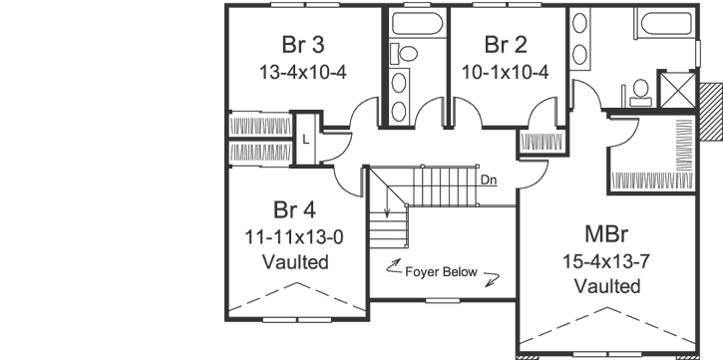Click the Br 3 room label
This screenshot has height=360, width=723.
coord(302,44)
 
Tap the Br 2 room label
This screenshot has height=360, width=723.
coord(506,44)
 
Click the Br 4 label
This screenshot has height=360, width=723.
coord(294,210)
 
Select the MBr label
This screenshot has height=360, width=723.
coord(606,235)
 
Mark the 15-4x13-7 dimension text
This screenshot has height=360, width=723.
coord(606,261)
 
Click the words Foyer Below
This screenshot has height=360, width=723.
coord(440,271)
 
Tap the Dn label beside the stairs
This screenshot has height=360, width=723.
coord(488,180)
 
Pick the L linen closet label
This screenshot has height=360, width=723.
coord(306,140)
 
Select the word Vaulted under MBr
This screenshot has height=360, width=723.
coord(606,287)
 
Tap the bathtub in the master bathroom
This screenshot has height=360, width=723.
coord(656,23)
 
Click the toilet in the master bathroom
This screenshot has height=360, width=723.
coord(639,91)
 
